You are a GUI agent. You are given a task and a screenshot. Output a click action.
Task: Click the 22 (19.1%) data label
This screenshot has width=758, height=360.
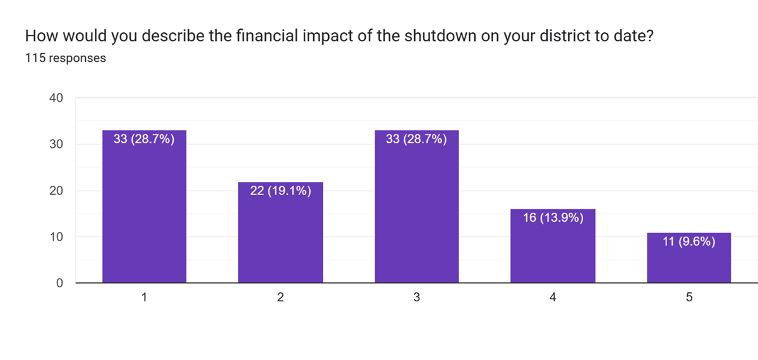280,191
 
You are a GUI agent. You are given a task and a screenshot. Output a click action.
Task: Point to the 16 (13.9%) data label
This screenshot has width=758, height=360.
553,218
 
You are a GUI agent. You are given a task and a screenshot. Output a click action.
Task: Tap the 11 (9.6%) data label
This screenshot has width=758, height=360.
689,241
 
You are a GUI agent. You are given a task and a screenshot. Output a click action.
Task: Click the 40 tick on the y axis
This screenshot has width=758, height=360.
57,98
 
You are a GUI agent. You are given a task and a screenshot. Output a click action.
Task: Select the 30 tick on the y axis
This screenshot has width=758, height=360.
57,145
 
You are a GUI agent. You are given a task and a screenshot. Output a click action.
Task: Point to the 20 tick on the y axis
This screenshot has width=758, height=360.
57,191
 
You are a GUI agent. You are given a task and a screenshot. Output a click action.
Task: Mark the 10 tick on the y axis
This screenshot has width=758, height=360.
57,237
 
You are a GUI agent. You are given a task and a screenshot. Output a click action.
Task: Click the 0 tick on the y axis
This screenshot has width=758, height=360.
60,283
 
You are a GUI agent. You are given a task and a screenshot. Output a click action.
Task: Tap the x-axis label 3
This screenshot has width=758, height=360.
416,297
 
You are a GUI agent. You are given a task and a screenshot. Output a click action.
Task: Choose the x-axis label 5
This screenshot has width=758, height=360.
689,297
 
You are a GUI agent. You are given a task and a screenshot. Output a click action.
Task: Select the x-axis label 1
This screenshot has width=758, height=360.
144,297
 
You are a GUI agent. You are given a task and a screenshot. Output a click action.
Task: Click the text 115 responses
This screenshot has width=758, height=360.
65,58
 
